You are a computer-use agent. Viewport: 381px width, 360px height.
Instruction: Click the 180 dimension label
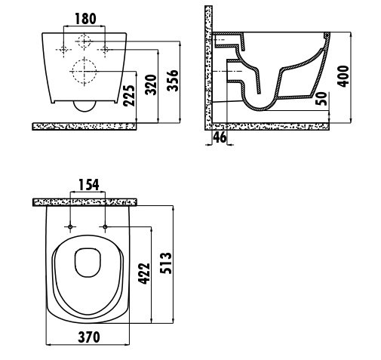[x=85, y=19]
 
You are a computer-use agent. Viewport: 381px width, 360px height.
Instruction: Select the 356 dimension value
[x=173, y=81]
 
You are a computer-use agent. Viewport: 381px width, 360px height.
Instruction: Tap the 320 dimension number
[x=151, y=85]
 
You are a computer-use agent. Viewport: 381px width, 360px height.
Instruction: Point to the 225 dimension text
[x=129, y=96]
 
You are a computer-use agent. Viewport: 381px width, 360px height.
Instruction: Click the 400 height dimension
[x=343, y=76]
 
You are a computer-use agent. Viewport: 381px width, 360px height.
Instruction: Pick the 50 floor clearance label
[x=322, y=99]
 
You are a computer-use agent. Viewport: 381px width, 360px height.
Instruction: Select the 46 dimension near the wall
[x=220, y=137]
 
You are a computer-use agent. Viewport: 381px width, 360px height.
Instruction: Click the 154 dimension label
[x=89, y=185]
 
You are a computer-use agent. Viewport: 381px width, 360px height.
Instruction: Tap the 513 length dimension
[x=166, y=263]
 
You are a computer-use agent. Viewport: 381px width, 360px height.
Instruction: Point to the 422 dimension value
[x=144, y=274]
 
